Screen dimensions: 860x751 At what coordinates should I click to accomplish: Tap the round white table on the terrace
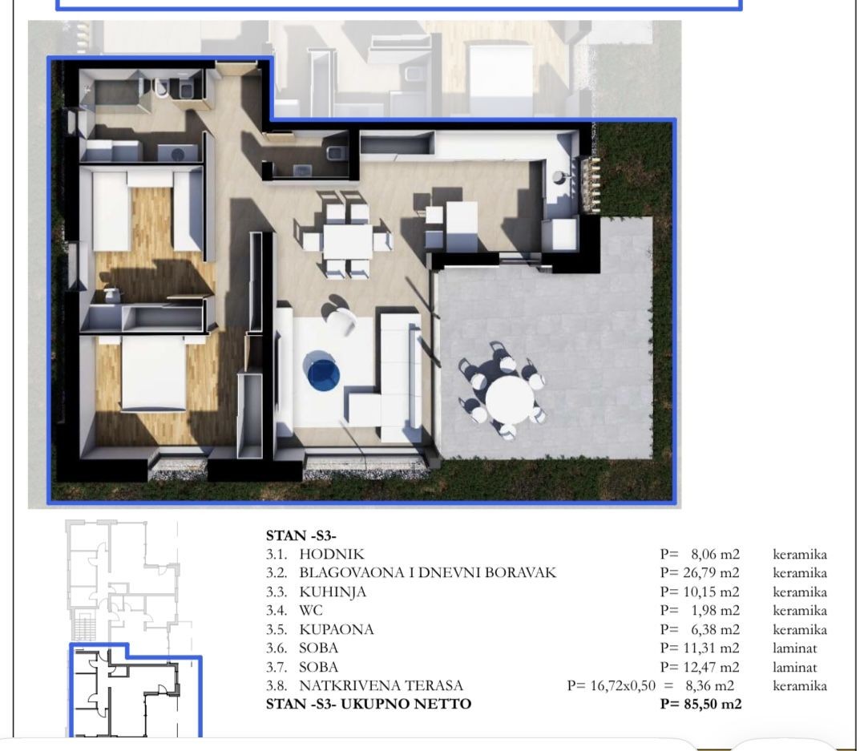[x=510, y=397]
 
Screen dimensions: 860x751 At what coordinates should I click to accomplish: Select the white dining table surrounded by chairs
[x=348, y=242]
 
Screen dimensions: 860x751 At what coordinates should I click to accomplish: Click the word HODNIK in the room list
[x=331, y=554]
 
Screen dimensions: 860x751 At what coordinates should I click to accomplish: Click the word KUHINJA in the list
[x=333, y=592]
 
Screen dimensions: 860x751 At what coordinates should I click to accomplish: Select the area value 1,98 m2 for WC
[x=715, y=611]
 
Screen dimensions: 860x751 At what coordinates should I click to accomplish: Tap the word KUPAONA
[x=336, y=629]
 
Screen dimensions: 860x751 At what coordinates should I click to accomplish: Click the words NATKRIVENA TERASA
[x=382, y=686]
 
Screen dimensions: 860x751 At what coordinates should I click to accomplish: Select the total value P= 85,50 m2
[x=701, y=704]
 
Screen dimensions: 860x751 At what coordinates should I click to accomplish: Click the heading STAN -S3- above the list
[x=301, y=535]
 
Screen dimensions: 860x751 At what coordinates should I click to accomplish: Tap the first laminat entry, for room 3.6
[x=795, y=648]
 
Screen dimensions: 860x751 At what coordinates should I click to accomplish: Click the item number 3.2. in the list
[x=277, y=573]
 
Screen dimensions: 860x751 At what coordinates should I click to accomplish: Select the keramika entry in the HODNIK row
[x=800, y=554]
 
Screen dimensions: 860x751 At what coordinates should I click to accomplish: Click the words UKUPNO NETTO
[x=406, y=704]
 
